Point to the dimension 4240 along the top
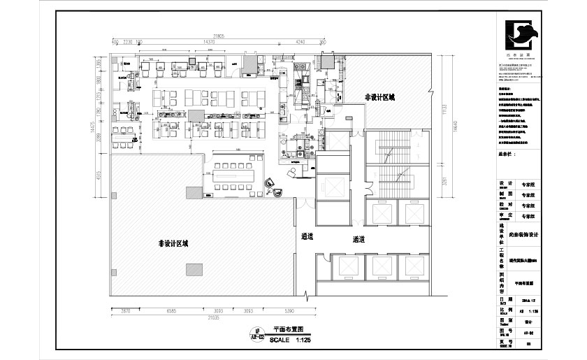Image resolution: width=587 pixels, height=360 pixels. pos(300,43)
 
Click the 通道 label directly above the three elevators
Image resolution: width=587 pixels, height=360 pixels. pos(359,239)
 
